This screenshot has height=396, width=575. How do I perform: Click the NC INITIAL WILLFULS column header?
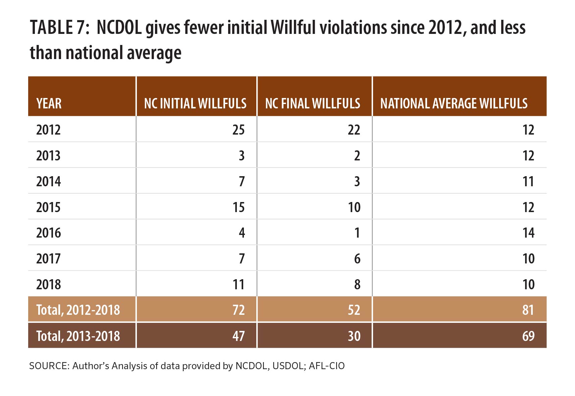[195, 103]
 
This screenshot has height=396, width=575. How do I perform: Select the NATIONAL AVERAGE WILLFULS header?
[454, 103]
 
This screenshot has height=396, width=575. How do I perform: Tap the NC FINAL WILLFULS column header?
[312, 103]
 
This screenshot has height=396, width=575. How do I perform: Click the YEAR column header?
[49, 103]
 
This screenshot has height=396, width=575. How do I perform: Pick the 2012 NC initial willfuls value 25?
[238, 130]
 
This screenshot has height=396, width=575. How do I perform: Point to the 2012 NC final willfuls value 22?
[354, 130]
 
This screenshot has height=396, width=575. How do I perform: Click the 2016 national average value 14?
[528, 233]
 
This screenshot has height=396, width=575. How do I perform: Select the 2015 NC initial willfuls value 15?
[238, 207]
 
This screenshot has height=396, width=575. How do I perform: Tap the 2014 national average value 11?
[528, 182]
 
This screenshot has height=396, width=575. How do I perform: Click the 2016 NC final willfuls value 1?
[357, 233]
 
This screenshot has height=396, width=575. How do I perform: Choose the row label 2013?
[48, 156]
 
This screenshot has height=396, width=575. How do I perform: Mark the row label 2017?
[48, 259]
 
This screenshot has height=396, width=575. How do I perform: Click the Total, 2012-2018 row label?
[78, 310]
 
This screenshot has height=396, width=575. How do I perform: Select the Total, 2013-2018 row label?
[78, 336]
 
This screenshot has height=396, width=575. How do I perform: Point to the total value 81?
[528, 310]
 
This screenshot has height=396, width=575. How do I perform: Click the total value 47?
[238, 336]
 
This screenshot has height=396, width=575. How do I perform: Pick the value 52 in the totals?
[354, 310]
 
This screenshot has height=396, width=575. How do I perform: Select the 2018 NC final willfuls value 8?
[357, 285]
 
